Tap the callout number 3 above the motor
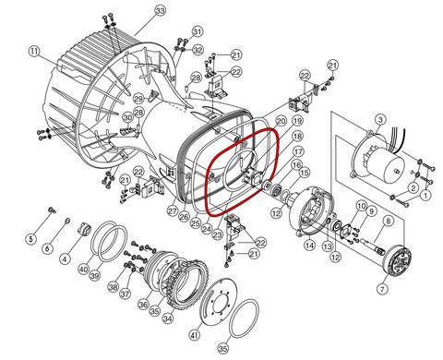coord(378,121)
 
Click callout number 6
coord(49,250)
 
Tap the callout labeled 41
coord(389,222)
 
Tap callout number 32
coord(196,33)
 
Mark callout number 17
coord(298,151)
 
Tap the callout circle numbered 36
coord(143,304)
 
